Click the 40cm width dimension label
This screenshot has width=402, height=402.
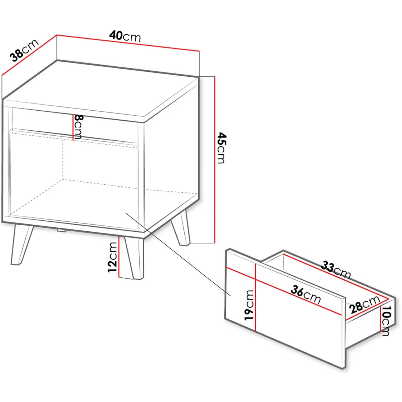click(x=125, y=36)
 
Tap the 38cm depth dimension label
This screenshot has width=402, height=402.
click(x=24, y=51)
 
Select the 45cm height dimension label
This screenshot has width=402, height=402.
click(x=222, y=148)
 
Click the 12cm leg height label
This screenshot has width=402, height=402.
click(x=112, y=257)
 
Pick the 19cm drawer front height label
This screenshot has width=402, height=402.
click(x=249, y=305)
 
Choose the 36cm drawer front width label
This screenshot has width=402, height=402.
click(x=306, y=295)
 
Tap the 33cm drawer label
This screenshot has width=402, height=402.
click(x=336, y=270)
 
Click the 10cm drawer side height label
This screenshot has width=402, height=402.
click(x=386, y=321)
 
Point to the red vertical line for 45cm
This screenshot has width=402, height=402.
click(x=215, y=160)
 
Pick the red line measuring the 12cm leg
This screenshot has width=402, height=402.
click(x=119, y=257)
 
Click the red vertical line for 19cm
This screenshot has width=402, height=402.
click(x=255, y=297)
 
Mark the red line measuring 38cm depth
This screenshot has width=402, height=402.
click(x=29, y=55)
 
